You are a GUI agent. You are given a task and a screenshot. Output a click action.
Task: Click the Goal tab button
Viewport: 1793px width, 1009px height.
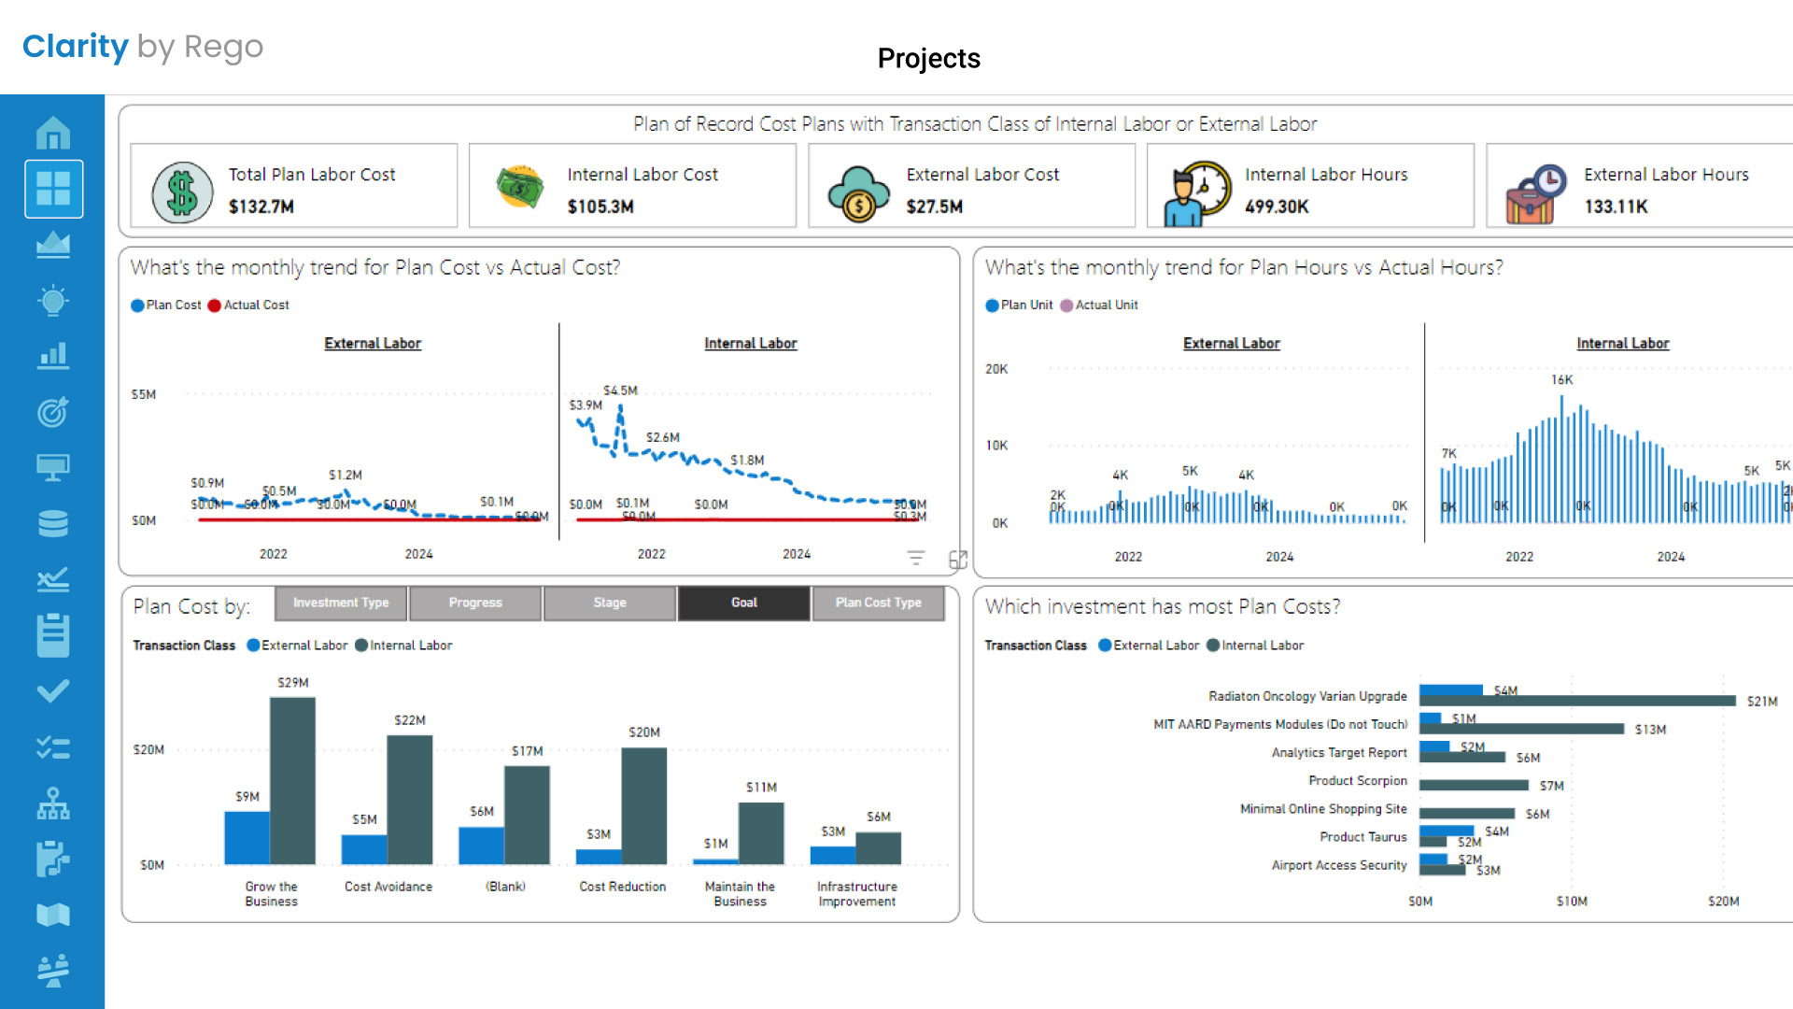[x=743, y=603]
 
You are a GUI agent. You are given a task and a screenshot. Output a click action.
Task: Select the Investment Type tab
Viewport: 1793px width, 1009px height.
[x=341, y=603]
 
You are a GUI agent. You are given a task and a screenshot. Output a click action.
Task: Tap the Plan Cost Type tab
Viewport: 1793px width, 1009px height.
[x=878, y=603]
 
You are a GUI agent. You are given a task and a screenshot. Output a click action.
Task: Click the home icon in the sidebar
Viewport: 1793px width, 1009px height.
[x=53, y=133]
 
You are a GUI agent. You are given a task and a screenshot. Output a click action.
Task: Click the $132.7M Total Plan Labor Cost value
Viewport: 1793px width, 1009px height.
[x=261, y=206]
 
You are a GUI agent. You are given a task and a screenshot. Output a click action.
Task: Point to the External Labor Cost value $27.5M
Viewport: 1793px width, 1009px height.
[x=934, y=206]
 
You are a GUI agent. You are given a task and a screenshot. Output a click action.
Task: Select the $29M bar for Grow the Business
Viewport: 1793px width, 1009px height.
[x=292, y=780]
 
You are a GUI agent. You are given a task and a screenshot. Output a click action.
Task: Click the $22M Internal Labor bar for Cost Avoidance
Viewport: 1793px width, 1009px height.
[x=409, y=799]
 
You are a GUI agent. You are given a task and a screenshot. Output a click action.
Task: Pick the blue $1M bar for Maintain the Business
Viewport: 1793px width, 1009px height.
[x=715, y=860]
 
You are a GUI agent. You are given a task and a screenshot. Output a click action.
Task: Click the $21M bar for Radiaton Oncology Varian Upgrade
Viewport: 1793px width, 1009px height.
[x=1578, y=701]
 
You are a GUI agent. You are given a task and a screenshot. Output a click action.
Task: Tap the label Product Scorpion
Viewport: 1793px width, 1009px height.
[x=1357, y=781]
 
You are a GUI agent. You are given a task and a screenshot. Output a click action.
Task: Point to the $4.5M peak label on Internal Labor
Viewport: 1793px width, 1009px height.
[x=620, y=391]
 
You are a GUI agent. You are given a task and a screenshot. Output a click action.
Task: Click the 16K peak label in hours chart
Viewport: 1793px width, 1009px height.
[x=1561, y=380]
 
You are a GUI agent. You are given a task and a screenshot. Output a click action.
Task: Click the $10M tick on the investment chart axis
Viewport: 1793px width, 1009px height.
[x=1572, y=902]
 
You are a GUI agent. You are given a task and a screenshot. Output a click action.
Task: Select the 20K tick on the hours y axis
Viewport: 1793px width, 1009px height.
[x=996, y=369]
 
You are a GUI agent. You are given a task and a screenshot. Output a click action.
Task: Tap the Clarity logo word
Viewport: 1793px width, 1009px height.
[x=75, y=47]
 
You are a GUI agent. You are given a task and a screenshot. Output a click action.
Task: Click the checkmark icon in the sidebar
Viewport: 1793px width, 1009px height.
[x=53, y=691]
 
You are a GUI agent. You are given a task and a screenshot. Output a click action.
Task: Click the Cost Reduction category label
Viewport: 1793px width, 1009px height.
[x=622, y=887]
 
